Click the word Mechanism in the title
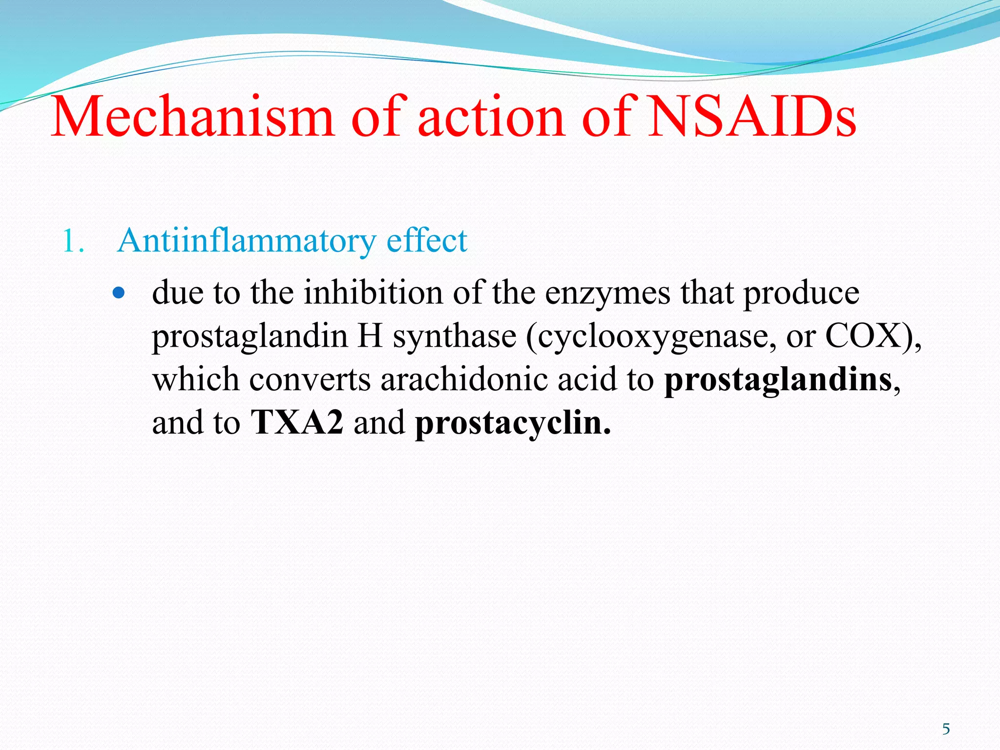(x=192, y=117)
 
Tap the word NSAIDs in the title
(x=752, y=117)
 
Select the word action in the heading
(x=491, y=117)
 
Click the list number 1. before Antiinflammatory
(x=73, y=242)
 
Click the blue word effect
(x=427, y=241)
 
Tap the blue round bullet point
(x=119, y=293)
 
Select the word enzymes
(x=607, y=294)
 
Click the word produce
(x=801, y=294)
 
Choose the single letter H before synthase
(x=370, y=336)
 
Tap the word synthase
(x=454, y=337)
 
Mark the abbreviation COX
(x=862, y=336)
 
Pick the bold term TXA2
(x=297, y=422)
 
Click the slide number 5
(x=946, y=729)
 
